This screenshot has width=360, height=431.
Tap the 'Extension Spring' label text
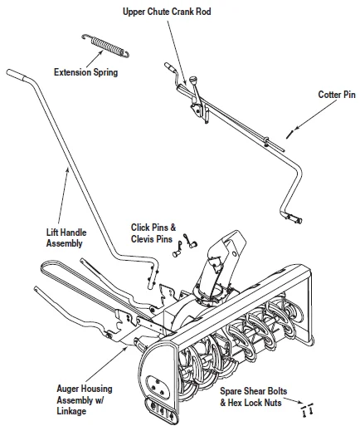[x=85, y=72]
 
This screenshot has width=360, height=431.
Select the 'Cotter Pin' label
[x=335, y=95]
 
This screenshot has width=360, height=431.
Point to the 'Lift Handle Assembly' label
[x=64, y=238]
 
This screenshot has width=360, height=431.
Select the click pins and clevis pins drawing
[x=182, y=243]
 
